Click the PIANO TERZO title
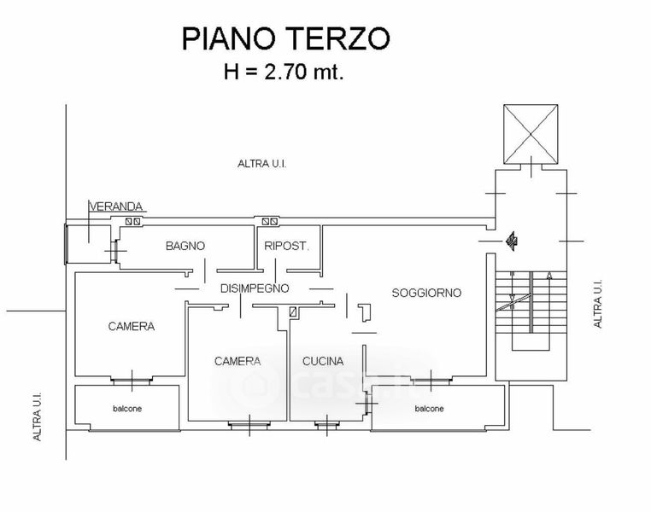[x=285, y=38]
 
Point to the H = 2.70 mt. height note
[x=284, y=72]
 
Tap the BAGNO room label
[x=185, y=246]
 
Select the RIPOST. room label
[x=287, y=246]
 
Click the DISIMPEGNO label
[x=255, y=288]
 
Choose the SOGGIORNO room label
[x=426, y=293]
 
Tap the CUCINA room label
[x=323, y=361]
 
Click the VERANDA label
[x=116, y=206]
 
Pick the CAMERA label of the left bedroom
[x=132, y=326]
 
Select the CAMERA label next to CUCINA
[x=238, y=361]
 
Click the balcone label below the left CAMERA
[x=127, y=409]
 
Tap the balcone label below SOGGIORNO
[x=429, y=409]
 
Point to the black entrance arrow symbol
[x=511, y=241]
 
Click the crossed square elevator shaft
[x=531, y=134]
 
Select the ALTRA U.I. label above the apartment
[x=262, y=164]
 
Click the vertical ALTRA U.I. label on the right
[x=597, y=304]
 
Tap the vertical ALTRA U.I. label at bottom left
[x=37, y=416]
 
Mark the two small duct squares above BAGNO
[x=133, y=221]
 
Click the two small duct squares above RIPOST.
[x=270, y=221]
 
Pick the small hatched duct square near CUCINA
[x=293, y=312]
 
